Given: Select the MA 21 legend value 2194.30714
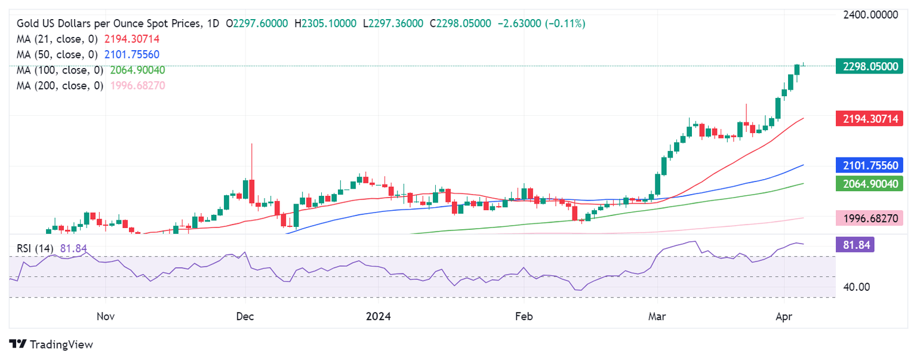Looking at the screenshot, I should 132,39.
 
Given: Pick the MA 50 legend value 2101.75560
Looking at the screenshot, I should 132,54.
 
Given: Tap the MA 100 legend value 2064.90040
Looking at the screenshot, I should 137,70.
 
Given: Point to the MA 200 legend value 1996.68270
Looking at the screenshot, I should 137,85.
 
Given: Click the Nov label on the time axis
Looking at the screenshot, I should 105,316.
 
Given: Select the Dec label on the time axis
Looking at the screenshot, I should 245,316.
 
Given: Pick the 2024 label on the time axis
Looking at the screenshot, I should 379,316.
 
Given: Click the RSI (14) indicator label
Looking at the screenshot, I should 36,248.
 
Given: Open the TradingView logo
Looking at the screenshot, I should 51,344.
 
